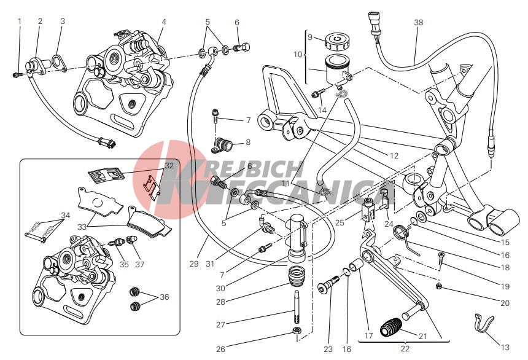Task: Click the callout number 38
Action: (x=418, y=22)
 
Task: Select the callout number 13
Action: (x=505, y=348)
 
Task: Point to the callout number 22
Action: (x=405, y=349)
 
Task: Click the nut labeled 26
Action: (x=297, y=334)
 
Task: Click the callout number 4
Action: (x=164, y=22)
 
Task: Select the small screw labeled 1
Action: (x=17, y=74)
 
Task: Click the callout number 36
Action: (x=164, y=297)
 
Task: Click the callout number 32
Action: (x=169, y=165)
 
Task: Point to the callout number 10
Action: (x=298, y=54)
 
